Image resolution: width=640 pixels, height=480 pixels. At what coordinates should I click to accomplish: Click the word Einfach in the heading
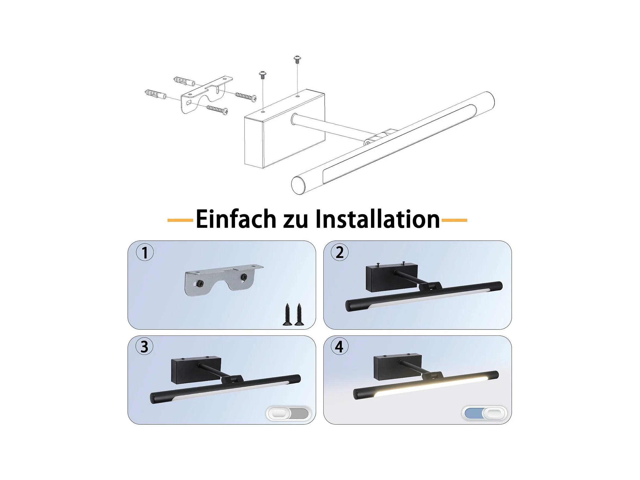[x=236, y=219]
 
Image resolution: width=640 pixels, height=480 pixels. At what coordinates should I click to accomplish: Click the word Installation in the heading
[x=378, y=219]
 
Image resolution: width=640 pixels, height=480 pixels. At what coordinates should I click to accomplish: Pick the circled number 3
[x=144, y=347]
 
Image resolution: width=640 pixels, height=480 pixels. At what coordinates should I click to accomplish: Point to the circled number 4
[x=339, y=347]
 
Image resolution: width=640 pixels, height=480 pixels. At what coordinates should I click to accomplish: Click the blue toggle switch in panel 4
[x=484, y=413]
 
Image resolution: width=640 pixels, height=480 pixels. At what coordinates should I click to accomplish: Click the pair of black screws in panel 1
[x=293, y=315]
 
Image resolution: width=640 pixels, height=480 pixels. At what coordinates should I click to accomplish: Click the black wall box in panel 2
[x=391, y=278]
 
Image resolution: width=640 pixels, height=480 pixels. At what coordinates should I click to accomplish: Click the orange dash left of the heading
[x=180, y=220]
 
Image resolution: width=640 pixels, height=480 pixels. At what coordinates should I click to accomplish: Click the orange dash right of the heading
[x=454, y=220]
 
